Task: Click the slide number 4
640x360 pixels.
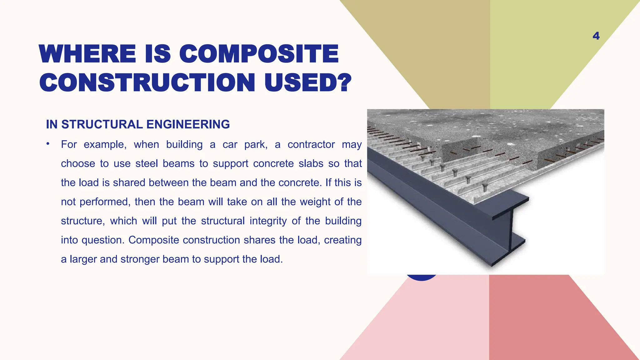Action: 596,36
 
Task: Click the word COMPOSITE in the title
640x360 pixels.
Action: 259,54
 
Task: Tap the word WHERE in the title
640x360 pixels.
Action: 87,54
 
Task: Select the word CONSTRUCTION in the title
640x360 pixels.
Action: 147,83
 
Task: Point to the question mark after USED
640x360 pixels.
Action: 345,83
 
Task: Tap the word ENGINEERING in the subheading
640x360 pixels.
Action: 188,124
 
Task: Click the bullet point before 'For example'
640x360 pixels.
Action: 48,144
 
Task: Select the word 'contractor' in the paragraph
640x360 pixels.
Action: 311,144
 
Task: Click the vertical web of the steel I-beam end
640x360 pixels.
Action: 511,233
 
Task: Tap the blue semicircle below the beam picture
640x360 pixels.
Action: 422,277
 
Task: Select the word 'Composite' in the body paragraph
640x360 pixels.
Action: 153,240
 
